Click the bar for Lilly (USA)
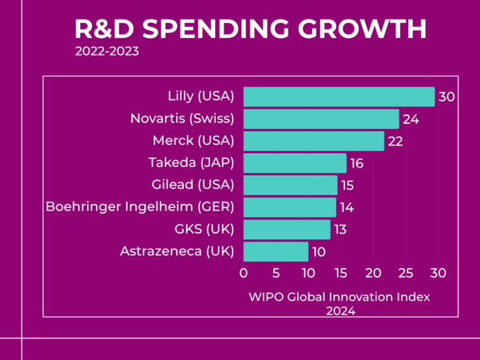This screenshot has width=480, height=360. tap(339, 97)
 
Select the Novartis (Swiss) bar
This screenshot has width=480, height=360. tap(321, 119)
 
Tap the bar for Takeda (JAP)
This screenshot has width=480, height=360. tap(295, 163)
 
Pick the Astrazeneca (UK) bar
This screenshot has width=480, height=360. tap(276, 251)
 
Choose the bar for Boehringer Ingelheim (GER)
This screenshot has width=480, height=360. tap(290, 207)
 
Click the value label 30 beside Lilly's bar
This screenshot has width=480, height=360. tap(446, 97)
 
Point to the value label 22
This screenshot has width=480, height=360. tap(395, 142)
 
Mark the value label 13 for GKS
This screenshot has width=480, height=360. tap(340, 230)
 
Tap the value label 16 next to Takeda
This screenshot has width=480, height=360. tap(357, 164)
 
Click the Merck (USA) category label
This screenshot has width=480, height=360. tap(193, 141)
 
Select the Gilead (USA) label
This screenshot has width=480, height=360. tap(192, 185)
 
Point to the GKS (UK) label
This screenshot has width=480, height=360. tap(204, 229)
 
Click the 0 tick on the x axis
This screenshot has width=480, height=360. tap(244, 272)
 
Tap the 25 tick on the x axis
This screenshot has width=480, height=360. tap(406, 272)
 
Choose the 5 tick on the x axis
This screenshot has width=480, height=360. tap(276, 272)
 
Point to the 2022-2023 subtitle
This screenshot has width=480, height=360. tap(107, 51)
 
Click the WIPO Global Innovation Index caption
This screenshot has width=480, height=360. tap(339, 297)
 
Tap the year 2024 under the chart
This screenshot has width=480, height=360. tap(340, 310)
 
